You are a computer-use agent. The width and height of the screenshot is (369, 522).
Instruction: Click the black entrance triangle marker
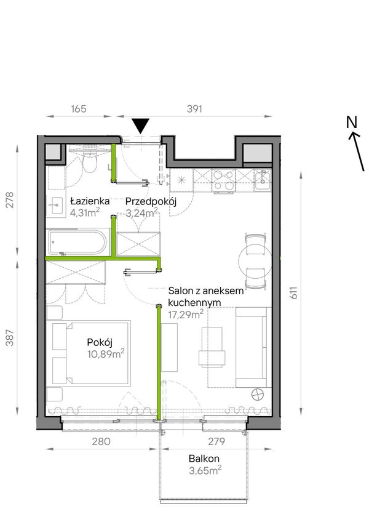[140, 126]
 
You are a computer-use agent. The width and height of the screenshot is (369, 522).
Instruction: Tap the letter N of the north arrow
[351, 122]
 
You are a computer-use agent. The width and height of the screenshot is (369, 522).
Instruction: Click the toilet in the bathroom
[90, 162]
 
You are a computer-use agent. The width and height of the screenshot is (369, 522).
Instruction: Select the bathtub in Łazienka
[77, 242]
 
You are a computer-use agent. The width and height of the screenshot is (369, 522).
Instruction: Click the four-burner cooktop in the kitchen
[224, 180]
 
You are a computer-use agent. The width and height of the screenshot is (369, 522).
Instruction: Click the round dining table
[256, 260]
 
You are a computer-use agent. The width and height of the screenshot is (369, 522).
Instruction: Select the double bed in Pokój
[91, 353]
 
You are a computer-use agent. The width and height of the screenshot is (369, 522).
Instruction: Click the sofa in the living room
[252, 347]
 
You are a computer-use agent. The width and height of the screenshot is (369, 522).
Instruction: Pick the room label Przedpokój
[151, 201]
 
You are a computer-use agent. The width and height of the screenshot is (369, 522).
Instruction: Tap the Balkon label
[204, 459]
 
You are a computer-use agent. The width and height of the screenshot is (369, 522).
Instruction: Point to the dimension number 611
[293, 292]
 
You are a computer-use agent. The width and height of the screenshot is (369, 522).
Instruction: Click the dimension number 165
[79, 108]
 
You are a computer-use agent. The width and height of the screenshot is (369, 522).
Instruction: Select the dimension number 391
[194, 108]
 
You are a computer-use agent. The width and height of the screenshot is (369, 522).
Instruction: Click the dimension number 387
[10, 337]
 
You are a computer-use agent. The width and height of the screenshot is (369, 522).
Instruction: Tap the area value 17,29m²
[186, 314]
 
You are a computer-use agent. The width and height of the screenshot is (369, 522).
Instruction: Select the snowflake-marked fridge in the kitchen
[181, 180]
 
